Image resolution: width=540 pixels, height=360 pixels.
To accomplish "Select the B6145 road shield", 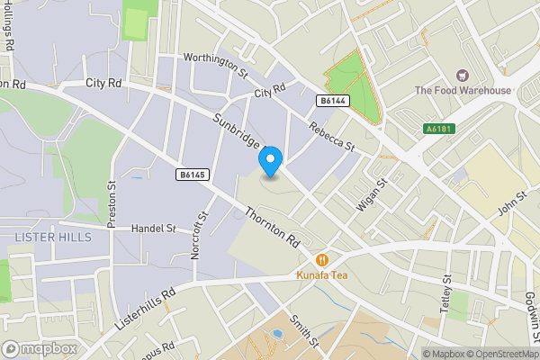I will [x=193, y=175].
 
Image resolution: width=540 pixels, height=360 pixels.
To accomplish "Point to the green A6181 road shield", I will [x=438, y=130].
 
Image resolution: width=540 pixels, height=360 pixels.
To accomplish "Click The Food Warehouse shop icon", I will [x=463, y=76].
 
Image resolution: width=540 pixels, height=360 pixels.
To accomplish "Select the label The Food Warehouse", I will [x=463, y=90].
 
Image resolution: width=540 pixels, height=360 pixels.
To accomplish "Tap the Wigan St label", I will [x=370, y=194].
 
